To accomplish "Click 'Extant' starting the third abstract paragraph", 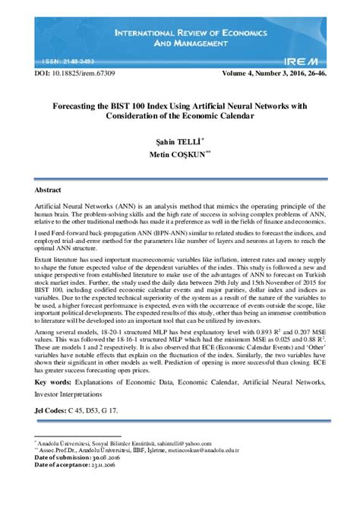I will [46, 259].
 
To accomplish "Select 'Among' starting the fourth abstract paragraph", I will [47, 333].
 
